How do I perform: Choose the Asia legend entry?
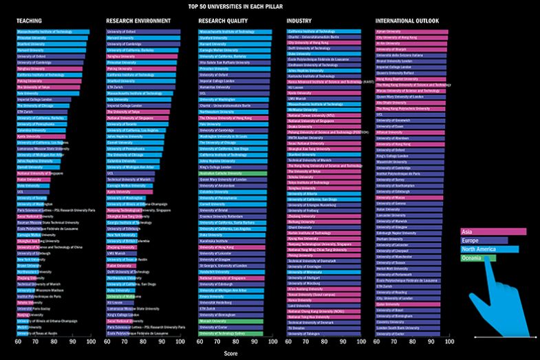point(493,232)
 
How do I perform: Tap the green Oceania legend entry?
point(477,258)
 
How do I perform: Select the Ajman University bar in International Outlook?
point(411,32)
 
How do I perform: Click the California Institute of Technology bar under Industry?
point(323,32)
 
